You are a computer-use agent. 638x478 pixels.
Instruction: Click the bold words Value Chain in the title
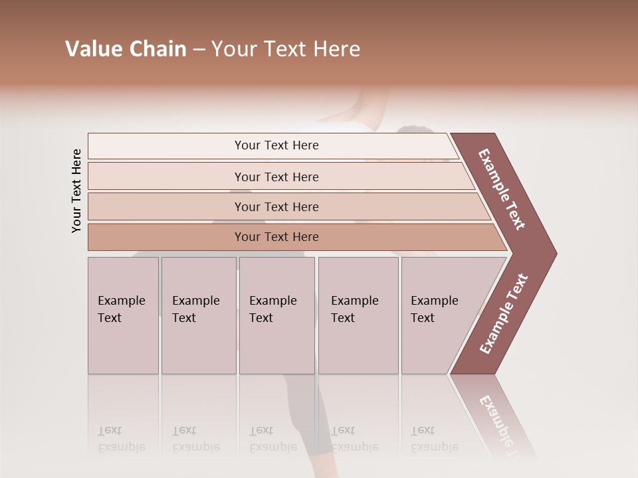tap(126, 49)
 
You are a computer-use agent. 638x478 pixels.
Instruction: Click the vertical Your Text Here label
tap(76, 191)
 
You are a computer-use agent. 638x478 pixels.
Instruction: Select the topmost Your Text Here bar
tap(276, 145)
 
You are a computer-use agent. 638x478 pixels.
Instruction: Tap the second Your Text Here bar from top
tap(276, 177)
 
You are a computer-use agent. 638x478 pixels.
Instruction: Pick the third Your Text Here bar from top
tap(276, 206)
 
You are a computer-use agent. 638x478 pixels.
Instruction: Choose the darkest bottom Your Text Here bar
tap(276, 237)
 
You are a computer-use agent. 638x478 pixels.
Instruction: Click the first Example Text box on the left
tap(123, 315)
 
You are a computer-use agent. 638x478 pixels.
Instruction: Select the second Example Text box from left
tap(198, 315)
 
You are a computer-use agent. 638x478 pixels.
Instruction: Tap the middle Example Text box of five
tap(276, 315)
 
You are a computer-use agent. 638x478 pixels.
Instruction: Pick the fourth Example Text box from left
tap(358, 315)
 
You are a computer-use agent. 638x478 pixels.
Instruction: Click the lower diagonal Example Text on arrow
tap(504, 314)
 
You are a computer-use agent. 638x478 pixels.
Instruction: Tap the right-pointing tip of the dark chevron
tap(553, 253)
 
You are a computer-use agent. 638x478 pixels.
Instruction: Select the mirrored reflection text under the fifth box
tap(435, 439)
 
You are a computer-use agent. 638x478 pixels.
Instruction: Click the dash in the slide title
tap(199, 49)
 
